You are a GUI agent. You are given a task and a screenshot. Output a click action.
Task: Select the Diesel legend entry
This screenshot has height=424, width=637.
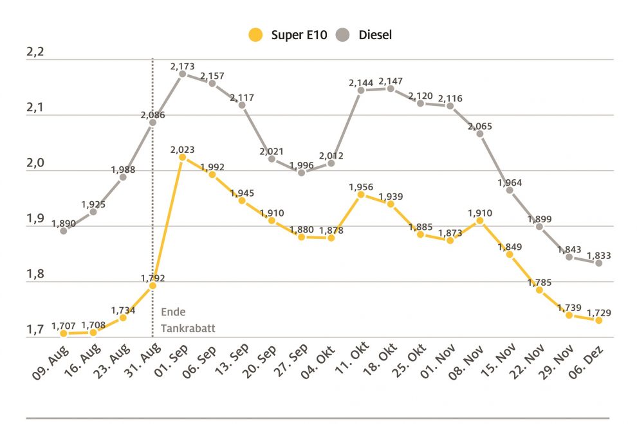pos(366,35)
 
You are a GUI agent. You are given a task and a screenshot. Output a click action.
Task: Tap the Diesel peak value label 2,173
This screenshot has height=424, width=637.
pos(183,66)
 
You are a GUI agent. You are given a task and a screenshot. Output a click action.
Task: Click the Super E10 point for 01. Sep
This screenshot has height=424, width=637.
pos(183,157)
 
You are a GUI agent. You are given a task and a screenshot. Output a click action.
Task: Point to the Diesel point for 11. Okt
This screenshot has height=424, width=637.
pos(361,90)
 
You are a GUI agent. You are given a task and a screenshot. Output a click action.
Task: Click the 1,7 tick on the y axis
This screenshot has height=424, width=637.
pos(35,330)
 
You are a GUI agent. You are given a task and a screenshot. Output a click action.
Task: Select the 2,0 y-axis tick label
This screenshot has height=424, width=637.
pos(35,163)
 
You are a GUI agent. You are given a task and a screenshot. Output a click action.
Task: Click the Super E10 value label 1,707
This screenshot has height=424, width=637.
pos(64,324)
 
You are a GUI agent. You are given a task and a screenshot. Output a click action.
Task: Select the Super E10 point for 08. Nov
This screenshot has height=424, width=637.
pos(480,220)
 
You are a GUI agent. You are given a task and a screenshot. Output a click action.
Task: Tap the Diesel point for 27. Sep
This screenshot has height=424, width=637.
pos(302,172)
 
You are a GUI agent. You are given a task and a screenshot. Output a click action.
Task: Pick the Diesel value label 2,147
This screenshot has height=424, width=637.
pos(391,81)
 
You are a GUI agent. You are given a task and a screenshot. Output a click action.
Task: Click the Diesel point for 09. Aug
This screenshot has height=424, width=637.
pos(64,230)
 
